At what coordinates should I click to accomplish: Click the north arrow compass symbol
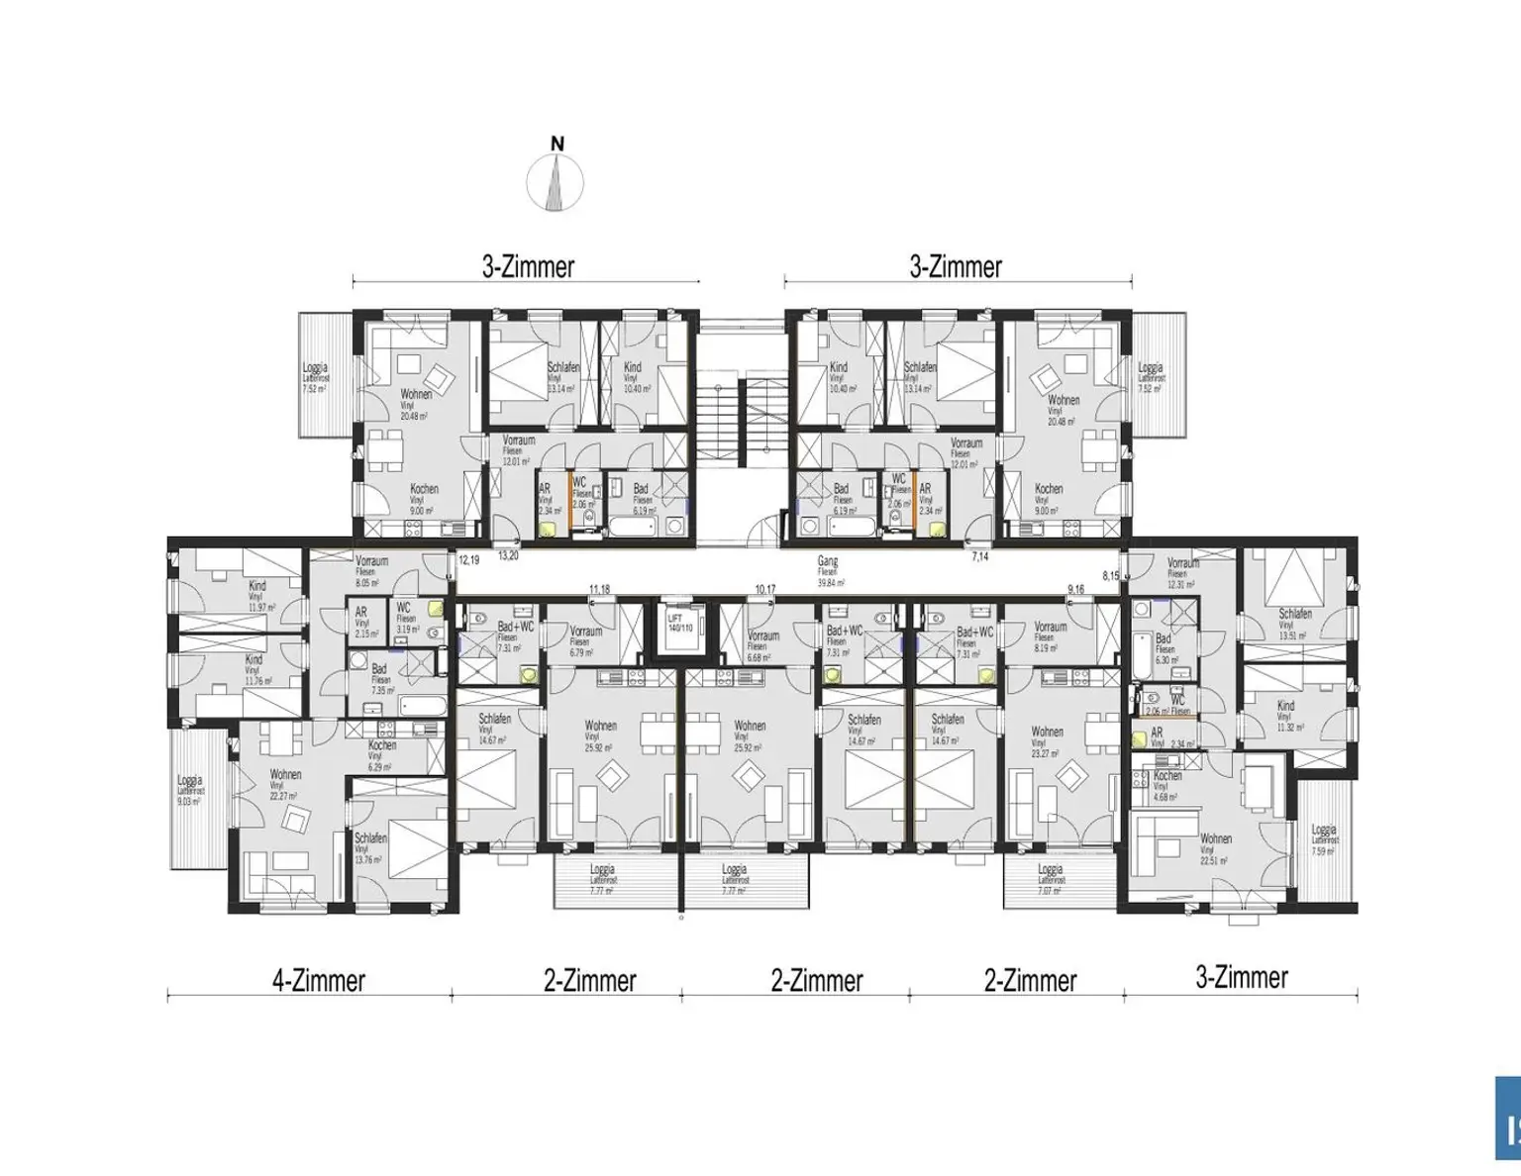click(x=557, y=181)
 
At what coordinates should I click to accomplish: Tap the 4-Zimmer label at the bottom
click(x=319, y=981)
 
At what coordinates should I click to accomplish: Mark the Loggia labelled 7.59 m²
click(x=1323, y=839)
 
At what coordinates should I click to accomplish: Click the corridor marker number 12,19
click(x=468, y=560)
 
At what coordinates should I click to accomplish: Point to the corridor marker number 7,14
click(x=979, y=557)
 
